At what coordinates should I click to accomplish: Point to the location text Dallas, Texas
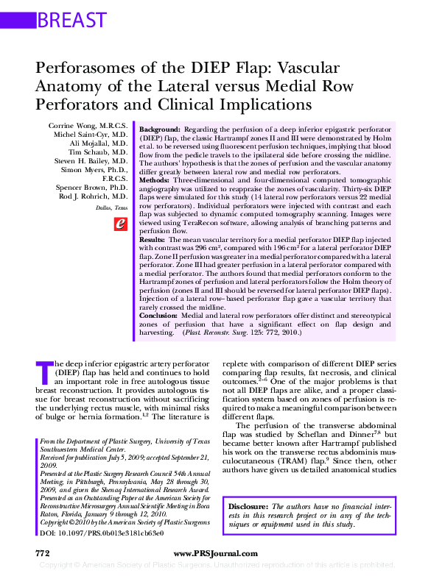point(111,208)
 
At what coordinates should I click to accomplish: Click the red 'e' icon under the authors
point(119,224)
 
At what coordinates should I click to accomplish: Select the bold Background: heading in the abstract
point(160,128)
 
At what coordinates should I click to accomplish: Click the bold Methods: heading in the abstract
point(155,179)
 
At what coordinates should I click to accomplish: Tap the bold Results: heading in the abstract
point(153,240)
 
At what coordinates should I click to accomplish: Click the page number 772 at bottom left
point(42,553)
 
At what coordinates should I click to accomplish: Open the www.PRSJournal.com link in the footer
point(215,553)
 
